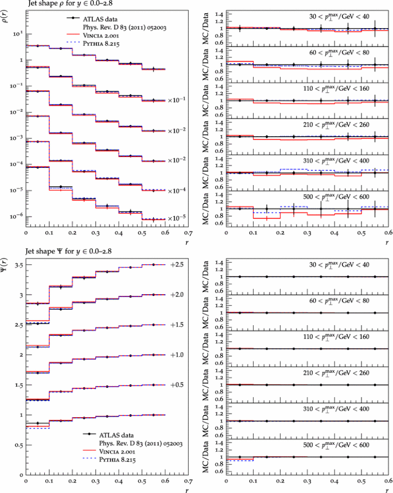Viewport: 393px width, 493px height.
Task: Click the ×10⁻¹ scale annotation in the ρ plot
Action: (174, 100)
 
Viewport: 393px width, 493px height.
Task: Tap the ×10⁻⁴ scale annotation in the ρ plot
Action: (174, 190)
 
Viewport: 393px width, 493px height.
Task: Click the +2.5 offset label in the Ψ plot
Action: (176, 264)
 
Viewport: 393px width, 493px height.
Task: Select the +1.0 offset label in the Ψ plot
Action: (176, 355)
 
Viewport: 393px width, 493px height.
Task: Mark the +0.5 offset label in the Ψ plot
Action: (176, 385)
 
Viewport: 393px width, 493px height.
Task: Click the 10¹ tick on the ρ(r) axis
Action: (17, 33)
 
